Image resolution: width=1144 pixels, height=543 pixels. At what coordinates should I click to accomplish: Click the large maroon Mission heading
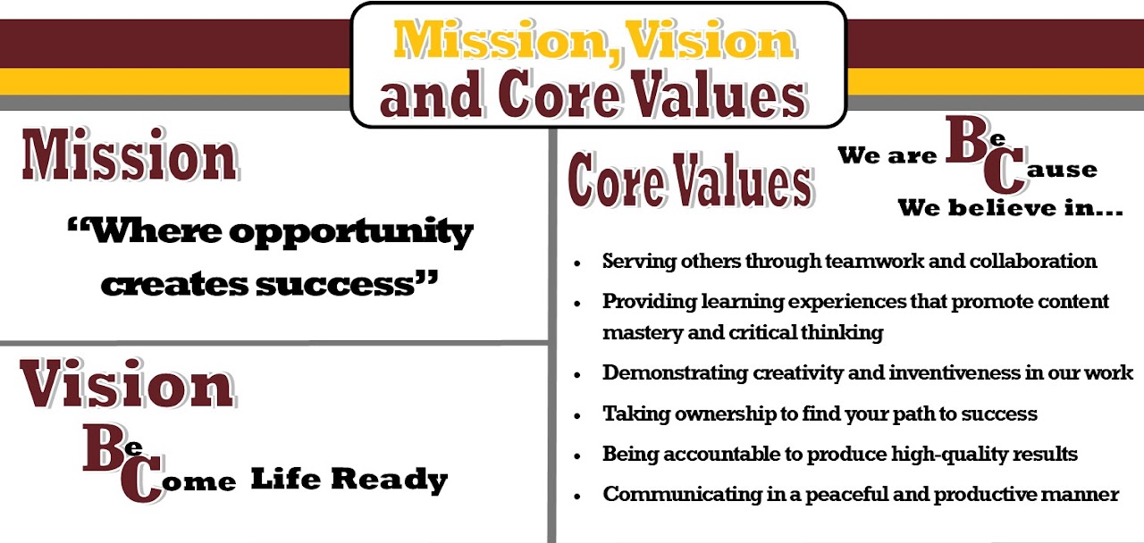(130, 157)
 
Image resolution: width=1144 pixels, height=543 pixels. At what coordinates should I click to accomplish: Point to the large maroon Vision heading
(127, 385)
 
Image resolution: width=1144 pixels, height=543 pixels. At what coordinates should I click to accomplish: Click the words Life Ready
(349, 480)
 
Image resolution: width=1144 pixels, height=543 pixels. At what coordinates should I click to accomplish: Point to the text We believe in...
(1010, 209)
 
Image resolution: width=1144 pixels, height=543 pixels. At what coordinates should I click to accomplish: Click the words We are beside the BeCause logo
(887, 156)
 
